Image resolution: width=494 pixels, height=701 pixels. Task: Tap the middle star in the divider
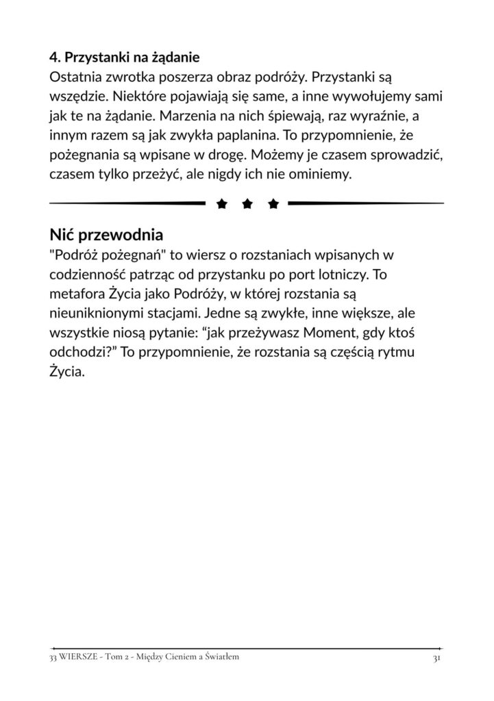247,203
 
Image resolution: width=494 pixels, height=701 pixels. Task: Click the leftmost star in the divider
221,203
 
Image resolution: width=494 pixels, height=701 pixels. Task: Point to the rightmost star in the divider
273,203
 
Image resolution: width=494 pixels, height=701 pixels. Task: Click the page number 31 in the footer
436,658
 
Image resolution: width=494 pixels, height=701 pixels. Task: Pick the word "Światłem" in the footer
221,658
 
